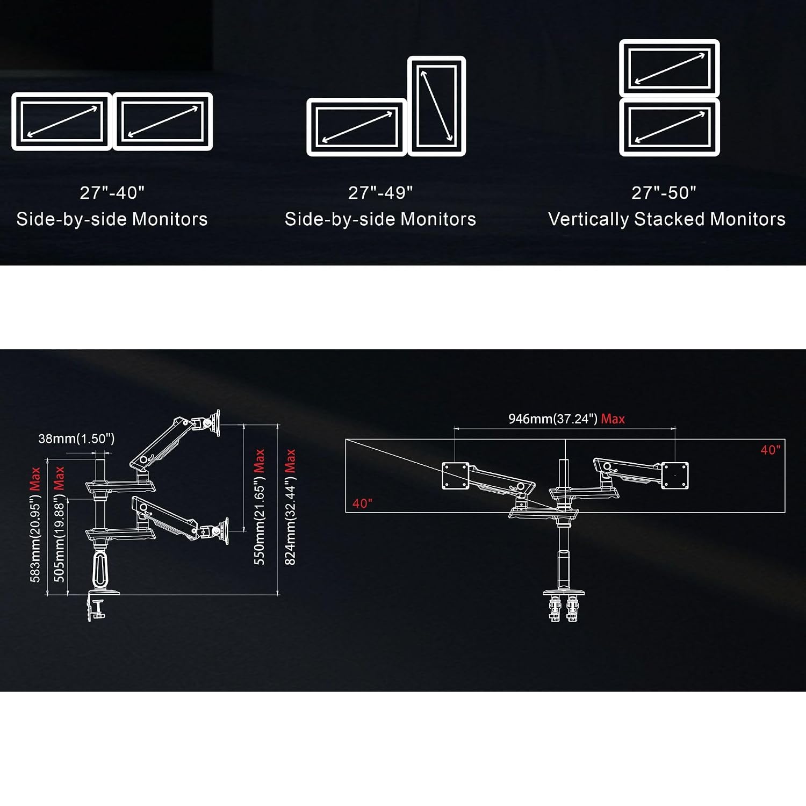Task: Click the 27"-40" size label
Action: coord(112,192)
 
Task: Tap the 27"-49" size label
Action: coord(380,192)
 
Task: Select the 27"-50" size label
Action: coord(664,192)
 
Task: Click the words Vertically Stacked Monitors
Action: coord(667,219)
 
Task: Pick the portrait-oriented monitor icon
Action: coord(437,106)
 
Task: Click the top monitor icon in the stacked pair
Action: coord(670,68)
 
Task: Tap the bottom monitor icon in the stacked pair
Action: coord(670,127)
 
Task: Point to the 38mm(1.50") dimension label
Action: coord(76,438)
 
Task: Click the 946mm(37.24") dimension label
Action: coord(553,419)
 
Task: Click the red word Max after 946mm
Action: coord(613,419)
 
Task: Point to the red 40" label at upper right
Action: coord(771,450)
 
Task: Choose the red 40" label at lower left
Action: coord(362,503)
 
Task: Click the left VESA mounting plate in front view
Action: coord(455,476)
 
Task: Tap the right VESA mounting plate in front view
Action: coord(675,476)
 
